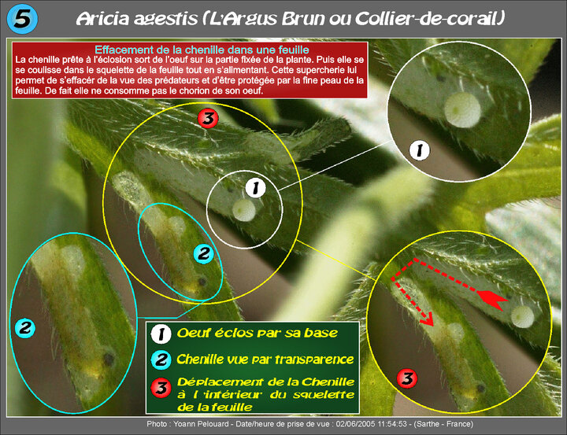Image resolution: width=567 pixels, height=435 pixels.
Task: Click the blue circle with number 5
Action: click(22, 19)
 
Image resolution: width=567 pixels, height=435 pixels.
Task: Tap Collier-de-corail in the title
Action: click(430, 18)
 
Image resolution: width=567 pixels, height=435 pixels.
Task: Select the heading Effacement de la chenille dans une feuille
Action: click(202, 50)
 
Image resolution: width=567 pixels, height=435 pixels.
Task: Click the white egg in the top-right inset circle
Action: click(462, 110)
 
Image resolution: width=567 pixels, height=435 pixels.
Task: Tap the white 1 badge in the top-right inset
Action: click(420, 150)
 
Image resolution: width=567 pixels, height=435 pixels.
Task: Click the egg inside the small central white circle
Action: click(244, 210)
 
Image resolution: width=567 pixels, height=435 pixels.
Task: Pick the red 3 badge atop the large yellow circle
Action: click(208, 118)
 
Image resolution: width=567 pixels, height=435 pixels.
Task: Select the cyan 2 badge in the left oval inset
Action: click(25, 328)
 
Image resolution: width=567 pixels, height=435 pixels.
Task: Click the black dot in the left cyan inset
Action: click(109, 359)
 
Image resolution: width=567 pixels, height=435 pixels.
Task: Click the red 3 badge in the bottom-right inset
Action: click(407, 378)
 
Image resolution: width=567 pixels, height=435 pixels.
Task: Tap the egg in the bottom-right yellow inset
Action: click(523, 317)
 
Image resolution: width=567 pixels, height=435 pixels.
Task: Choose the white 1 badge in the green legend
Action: click(161, 334)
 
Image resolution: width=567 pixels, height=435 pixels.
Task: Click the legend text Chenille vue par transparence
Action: click(265, 359)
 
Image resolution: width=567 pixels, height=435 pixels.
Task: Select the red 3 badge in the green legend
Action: click(161, 387)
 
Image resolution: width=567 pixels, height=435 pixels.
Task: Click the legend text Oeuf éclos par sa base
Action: click(257, 333)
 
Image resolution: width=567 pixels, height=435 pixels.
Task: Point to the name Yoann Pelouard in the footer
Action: click(201, 424)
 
